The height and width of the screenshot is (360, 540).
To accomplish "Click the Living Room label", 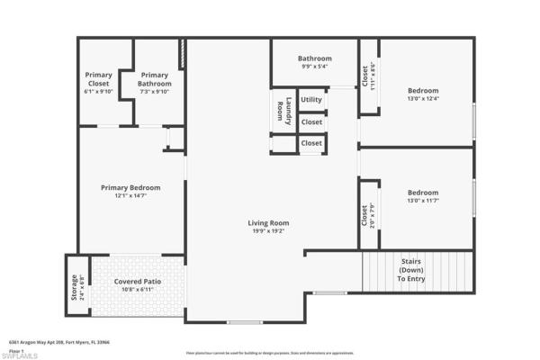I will point(268,222).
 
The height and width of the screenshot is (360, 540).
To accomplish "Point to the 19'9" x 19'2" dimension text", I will point(268,230).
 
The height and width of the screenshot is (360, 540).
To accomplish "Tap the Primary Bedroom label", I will point(130,187).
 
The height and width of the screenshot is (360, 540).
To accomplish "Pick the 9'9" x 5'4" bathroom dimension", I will point(315,67).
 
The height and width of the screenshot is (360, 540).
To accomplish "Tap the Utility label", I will point(311,99).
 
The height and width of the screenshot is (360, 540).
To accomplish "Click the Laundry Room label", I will point(283,109).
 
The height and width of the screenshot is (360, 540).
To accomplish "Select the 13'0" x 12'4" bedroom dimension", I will point(422,98).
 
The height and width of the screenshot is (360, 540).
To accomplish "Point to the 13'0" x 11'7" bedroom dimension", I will point(422,200).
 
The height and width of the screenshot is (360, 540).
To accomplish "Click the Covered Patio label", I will point(139,282).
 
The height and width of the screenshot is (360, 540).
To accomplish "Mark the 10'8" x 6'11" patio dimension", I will point(139,290).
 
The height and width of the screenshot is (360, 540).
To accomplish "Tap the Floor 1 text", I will point(15,350).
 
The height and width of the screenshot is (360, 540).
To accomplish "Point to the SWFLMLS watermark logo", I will point(21,355).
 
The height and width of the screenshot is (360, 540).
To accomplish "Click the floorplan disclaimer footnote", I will point(270,353).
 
